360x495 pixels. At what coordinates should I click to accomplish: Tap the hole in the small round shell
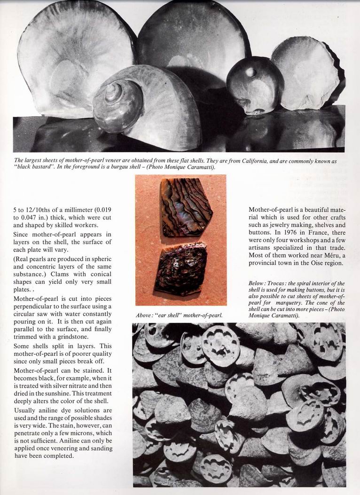click(250, 72)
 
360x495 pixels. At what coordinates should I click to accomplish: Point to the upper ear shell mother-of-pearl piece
click(185, 206)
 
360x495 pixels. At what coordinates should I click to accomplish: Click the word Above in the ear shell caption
click(145, 315)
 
